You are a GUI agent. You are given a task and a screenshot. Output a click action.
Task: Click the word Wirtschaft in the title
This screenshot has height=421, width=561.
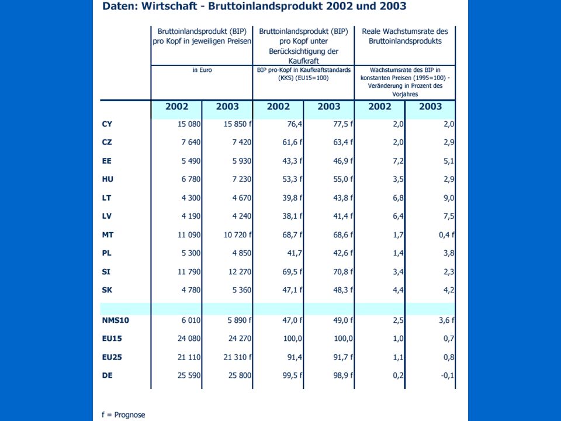coord(169,6)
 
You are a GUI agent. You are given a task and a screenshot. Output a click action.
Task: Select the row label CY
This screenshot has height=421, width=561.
coord(107,124)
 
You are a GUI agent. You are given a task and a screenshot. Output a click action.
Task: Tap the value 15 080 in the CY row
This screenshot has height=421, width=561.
coord(189,124)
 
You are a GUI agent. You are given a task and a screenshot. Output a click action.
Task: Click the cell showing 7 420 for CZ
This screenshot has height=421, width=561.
coord(242,143)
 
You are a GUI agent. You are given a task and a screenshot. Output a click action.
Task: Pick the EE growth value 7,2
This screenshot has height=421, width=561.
coord(398,161)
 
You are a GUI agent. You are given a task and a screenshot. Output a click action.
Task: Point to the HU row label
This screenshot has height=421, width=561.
coord(108,180)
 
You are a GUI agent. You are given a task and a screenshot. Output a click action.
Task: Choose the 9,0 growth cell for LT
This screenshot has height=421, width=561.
coord(449,198)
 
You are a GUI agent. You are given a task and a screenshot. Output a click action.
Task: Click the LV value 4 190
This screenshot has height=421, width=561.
coord(191,216)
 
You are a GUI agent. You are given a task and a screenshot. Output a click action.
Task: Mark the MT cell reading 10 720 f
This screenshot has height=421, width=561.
coord(238,235)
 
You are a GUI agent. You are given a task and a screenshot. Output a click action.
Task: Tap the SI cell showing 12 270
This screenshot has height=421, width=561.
coord(240,272)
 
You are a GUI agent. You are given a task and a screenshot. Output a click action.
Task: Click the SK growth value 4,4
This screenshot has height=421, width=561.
coord(398,290)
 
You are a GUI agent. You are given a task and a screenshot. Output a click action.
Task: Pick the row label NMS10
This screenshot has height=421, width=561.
coord(115,320)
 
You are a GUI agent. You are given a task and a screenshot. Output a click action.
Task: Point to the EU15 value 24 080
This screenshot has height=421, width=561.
coord(189,339)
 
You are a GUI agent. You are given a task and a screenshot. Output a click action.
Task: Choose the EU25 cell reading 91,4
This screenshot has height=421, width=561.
coord(295,357)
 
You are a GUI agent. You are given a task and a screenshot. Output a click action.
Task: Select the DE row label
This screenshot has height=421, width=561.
coord(108,375)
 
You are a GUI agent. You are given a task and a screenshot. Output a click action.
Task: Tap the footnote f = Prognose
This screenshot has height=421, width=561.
coord(123,415)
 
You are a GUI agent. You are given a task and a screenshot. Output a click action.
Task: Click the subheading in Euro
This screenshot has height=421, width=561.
coord(202,70)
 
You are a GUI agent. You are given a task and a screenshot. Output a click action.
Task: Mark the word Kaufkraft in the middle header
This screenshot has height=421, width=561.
coord(303,61)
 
